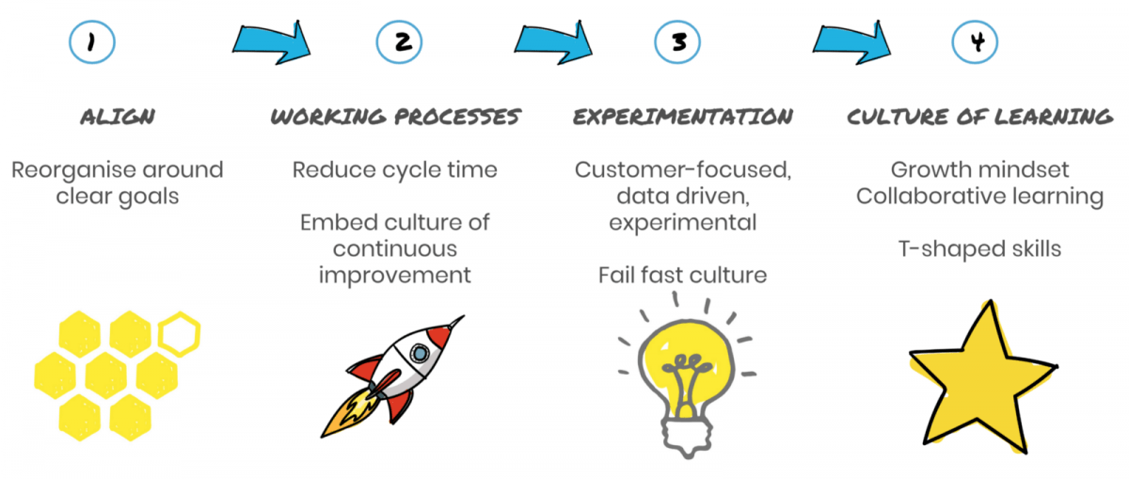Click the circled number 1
[92, 41]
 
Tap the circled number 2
[399, 41]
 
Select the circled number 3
[677, 41]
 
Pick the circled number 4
[975, 41]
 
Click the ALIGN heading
[118, 117]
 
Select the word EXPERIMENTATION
[683, 117]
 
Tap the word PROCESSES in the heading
[457, 117]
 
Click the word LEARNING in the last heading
[1054, 117]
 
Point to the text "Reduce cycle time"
[394, 170]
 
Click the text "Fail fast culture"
[682, 276]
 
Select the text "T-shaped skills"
[979, 249]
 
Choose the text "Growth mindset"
[979, 170]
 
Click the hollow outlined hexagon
[180, 334]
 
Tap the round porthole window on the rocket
[420, 353]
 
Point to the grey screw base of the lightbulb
[688, 436]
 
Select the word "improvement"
[394, 276]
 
